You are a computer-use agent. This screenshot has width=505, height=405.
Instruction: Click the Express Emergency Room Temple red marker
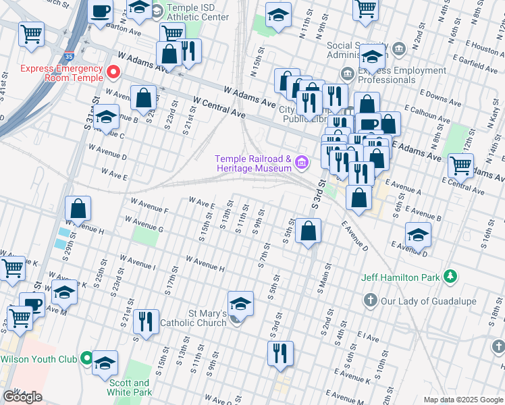point(113,71)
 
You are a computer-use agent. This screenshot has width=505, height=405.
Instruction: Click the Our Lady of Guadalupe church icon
point(369,300)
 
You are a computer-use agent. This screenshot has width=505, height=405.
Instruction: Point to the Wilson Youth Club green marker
point(86,358)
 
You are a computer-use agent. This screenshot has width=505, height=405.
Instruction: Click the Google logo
point(22,397)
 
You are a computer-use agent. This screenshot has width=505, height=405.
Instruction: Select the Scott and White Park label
point(130,387)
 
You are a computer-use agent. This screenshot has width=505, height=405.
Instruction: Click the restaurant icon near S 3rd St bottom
point(280,353)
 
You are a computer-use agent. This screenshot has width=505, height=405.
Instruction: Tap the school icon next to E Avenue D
point(419,236)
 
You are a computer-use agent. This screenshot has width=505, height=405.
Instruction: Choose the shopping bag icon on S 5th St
point(308,232)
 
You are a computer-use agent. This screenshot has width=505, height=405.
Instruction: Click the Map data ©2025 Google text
point(463,400)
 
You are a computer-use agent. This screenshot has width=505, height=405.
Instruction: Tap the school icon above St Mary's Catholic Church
point(240,304)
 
